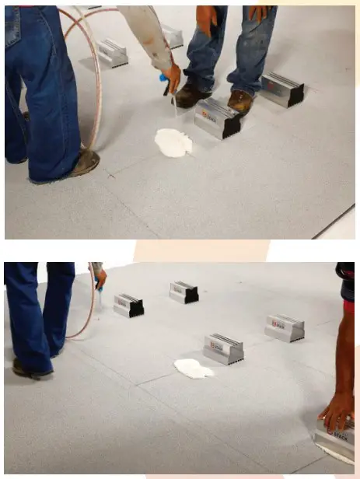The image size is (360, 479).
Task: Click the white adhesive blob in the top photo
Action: [173, 142]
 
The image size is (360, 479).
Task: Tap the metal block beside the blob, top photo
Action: [218, 118]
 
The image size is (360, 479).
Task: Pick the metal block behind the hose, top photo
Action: [114, 52]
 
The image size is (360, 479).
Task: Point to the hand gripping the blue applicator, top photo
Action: [173, 76]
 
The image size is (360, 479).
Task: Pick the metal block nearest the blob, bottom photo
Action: [224, 349]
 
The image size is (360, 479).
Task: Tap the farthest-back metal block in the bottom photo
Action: [183, 292]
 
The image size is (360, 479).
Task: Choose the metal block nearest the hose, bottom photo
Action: [128, 305]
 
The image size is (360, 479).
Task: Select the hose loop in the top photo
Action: [89, 78]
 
